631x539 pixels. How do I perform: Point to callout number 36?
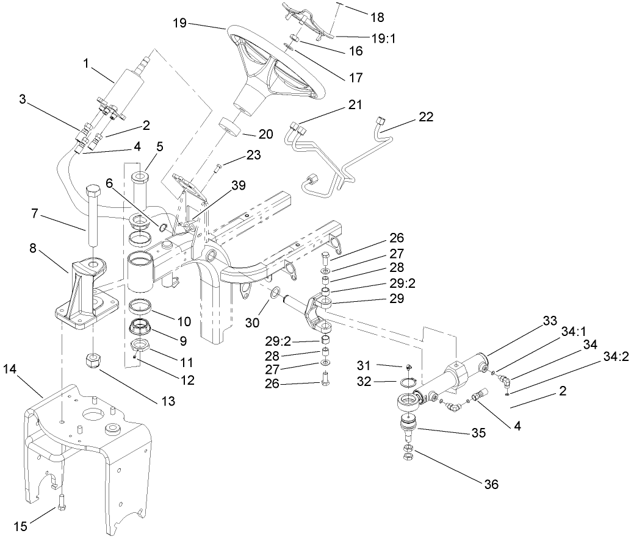(x=491, y=485)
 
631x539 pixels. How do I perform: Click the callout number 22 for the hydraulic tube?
(x=427, y=118)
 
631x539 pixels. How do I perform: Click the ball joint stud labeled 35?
(x=408, y=427)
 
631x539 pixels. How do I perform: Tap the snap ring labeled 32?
(x=408, y=382)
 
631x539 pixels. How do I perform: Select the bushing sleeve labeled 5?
(x=140, y=186)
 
